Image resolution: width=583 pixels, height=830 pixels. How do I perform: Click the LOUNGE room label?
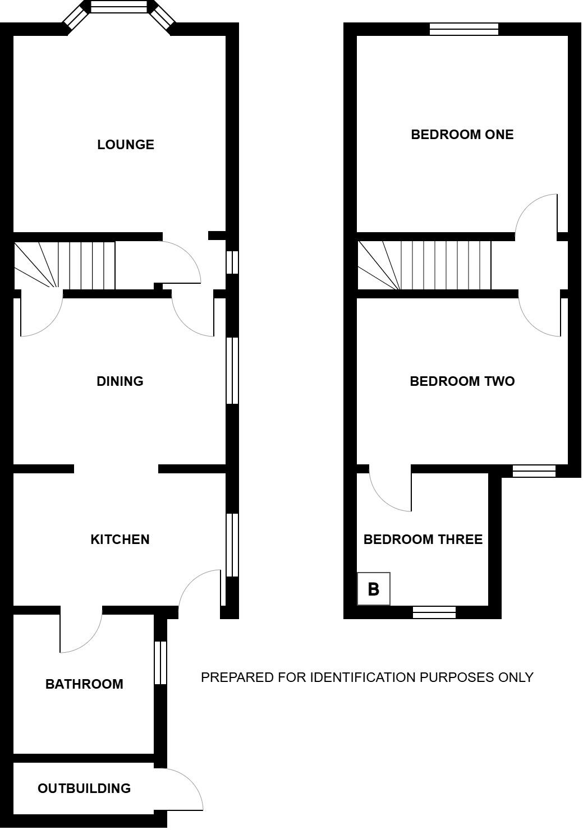click(126, 145)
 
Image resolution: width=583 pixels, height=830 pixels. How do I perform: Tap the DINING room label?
click(120, 381)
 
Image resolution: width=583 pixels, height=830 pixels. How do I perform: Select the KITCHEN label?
click(120, 539)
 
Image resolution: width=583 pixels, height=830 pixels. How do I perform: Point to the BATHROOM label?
click(85, 684)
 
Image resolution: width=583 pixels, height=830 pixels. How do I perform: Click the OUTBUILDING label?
click(85, 788)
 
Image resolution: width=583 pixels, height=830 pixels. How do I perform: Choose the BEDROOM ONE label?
click(462, 135)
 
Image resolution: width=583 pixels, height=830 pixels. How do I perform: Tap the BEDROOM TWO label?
click(462, 381)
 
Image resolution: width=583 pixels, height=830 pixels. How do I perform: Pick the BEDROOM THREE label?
click(423, 539)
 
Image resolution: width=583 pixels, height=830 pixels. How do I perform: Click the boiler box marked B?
click(374, 589)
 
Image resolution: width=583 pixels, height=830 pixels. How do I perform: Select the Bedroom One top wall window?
click(464, 29)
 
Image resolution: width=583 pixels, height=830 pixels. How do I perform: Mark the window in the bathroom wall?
click(160, 662)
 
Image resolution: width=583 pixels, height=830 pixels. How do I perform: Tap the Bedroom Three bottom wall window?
click(434, 612)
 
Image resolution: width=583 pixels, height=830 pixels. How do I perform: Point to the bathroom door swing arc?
click(89, 640)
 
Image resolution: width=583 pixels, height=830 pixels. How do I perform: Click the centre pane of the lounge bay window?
click(120, 6)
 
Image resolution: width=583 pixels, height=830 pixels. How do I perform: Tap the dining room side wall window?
click(232, 371)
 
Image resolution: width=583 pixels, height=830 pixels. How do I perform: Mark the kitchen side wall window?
click(232, 545)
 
